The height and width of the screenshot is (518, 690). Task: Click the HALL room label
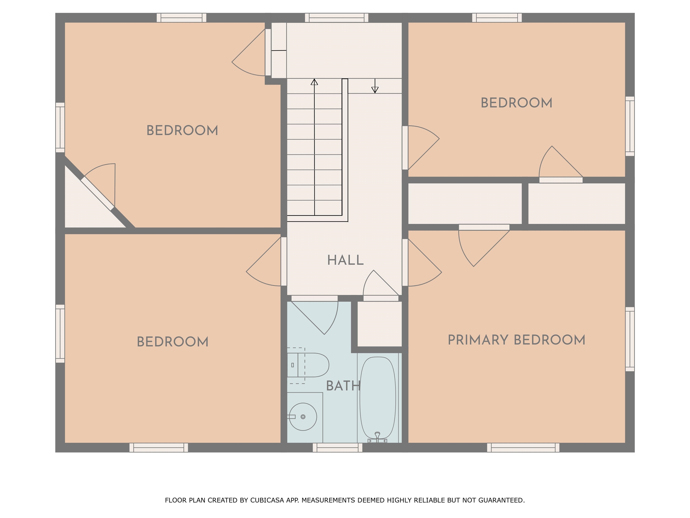pyautogui.click(x=345, y=260)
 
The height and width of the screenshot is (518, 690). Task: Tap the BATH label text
pyautogui.click(x=343, y=386)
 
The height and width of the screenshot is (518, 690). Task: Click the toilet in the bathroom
pyautogui.click(x=308, y=365)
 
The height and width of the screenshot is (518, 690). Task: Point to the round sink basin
pyautogui.click(x=303, y=417)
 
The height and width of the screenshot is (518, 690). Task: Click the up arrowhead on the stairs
pyautogui.click(x=314, y=82)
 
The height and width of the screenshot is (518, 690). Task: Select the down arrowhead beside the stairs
pyautogui.click(x=375, y=90)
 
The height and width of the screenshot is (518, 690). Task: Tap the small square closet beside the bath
pyautogui.click(x=379, y=324)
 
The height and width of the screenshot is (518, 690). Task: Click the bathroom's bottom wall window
pyautogui.click(x=338, y=447)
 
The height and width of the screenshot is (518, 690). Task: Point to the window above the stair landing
pyautogui.click(x=337, y=18)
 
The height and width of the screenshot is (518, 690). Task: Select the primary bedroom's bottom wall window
pyautogui.click(x=523, y=447)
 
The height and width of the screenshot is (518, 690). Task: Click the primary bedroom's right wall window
pyautogui.click(x=630, y=339)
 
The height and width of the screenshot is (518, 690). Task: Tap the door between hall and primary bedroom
pyautogui.click(x=405, y=263)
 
